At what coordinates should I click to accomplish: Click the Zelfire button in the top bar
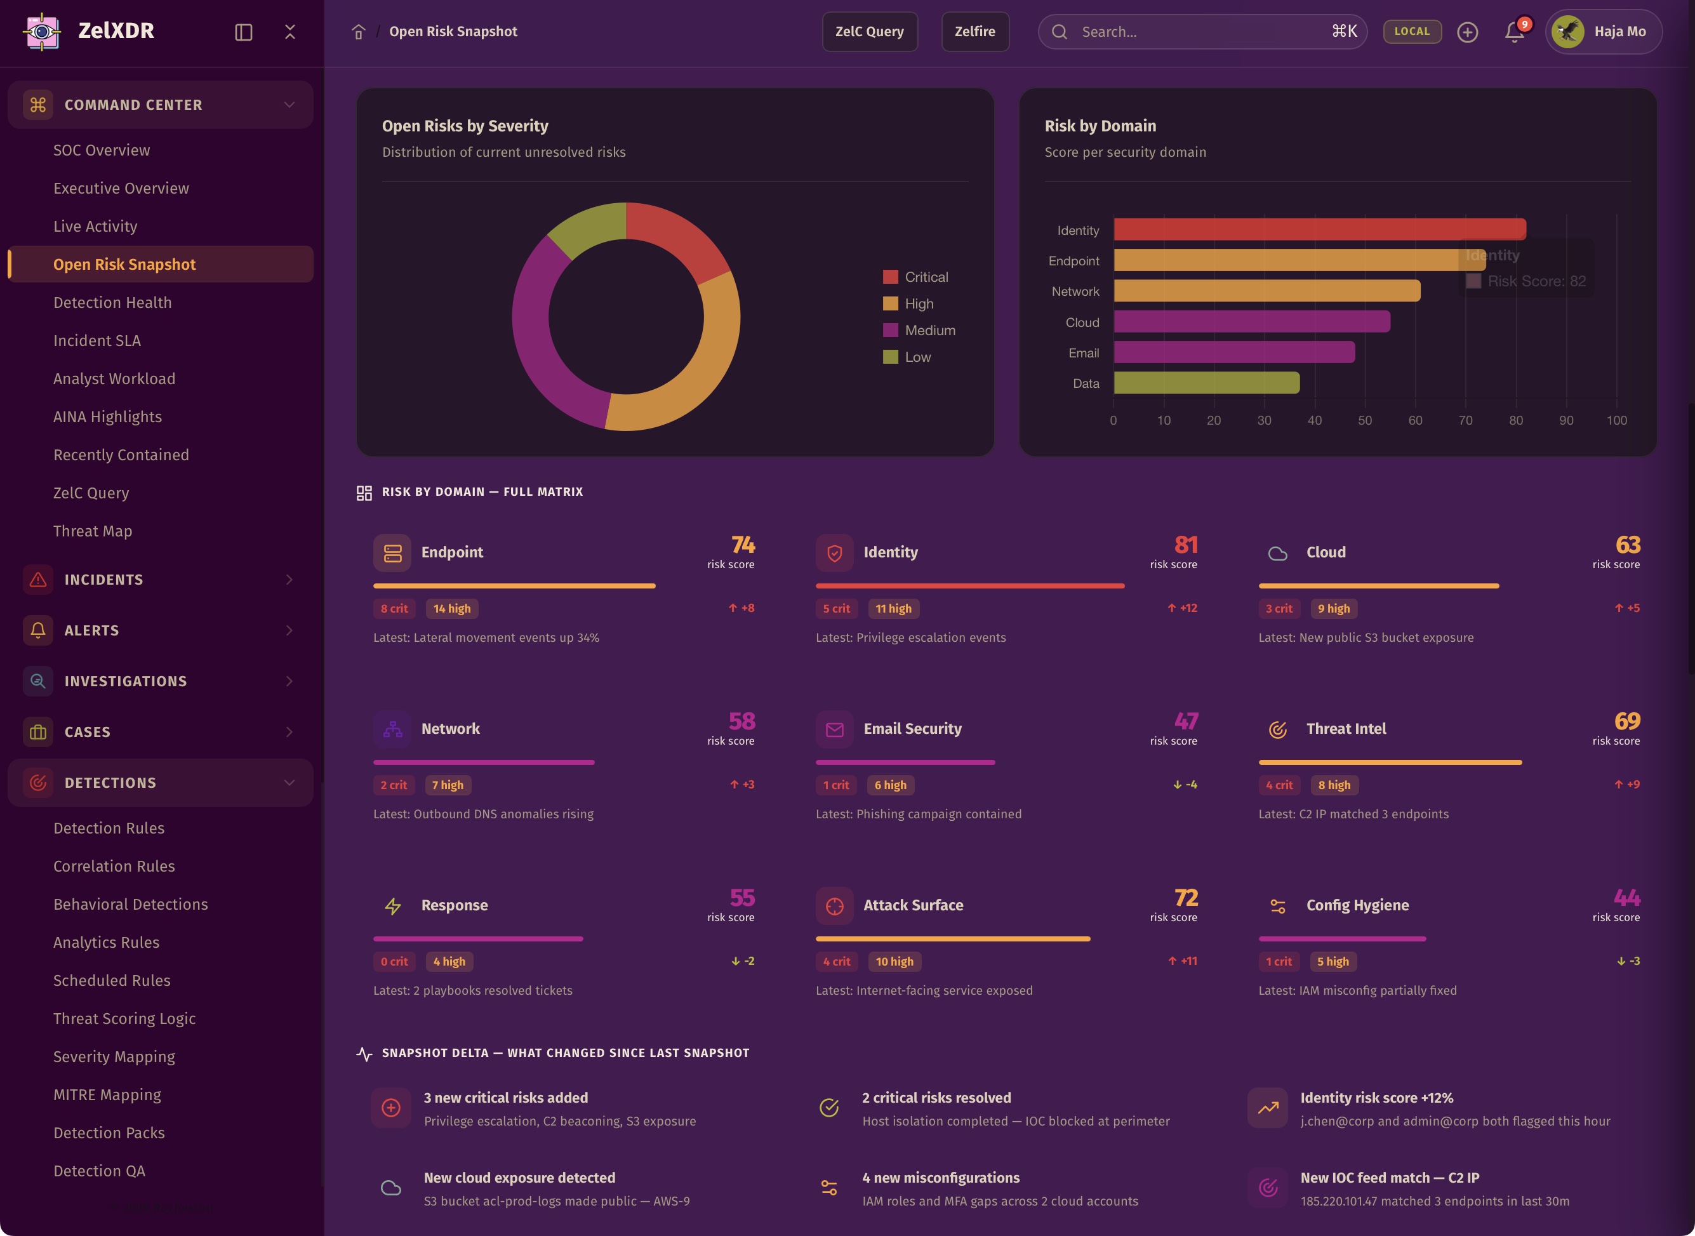pos(974,32)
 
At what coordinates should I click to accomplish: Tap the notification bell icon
pos(1514,32)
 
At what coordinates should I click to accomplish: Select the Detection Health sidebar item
pos(112,302)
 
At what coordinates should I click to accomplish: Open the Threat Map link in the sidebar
pos(92,531)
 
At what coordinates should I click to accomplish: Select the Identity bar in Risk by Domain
pos(1319,230)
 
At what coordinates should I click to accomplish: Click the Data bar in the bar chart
pos(1206,383)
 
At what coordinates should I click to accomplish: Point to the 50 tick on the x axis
pos(1364,420)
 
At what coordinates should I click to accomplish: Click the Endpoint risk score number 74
pos(742,545)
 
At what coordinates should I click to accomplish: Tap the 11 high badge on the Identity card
pos(893,608)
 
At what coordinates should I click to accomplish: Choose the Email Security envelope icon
pos(834,729)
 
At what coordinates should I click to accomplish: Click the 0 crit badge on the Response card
pos(394,961)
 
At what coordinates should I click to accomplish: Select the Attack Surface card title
pos(913,905)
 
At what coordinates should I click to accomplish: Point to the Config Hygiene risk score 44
pos(1626,898)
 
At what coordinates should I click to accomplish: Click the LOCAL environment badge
pos(1411,32)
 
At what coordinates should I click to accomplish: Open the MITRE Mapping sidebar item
pos(107,1094)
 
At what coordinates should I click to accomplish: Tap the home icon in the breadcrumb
pos(358,32)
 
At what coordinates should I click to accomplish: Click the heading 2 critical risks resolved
pos(936,1098)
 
